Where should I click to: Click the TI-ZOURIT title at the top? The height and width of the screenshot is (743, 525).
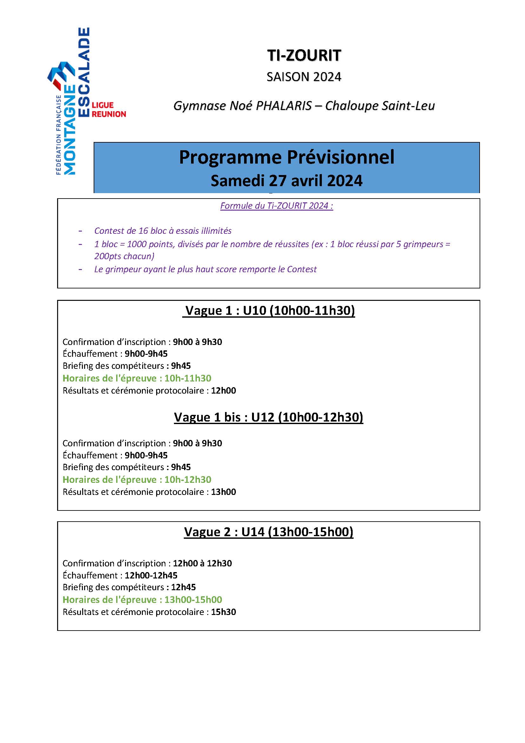pos(304,56)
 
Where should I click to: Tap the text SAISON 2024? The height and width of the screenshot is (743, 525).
pos(304,77)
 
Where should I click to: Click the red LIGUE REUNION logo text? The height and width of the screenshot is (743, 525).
pos(108,110)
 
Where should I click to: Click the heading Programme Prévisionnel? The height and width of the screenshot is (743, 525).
pos(286,157)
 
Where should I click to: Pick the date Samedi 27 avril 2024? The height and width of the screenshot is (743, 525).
pos(286,180)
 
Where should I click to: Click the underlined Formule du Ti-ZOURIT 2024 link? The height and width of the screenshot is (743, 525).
pos(276,206)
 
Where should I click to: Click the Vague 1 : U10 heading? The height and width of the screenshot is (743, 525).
pos(269,311)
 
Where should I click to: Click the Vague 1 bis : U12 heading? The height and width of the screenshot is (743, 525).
pos(268,417)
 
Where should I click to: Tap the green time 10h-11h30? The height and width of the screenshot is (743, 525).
pos(188,378)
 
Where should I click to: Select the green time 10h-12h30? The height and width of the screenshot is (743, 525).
pos(188,480)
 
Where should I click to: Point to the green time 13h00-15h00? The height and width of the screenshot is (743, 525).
pos(193,600)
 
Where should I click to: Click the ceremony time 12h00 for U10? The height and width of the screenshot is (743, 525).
pos(223,391)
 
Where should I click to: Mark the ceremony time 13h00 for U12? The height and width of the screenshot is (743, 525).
pos(223,492)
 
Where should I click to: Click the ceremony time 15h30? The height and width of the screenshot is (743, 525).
pos(223,612)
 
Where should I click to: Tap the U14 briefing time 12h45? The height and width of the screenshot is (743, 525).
pos(183,587)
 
